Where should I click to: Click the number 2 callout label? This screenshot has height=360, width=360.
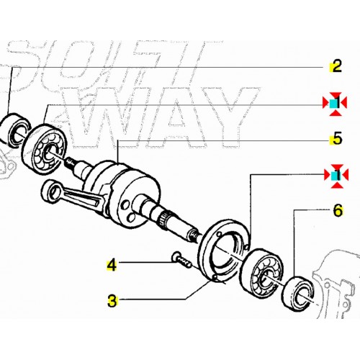(334, 68)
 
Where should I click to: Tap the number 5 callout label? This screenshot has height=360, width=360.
(334, 138)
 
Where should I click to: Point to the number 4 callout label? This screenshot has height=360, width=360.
(111, 265)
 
